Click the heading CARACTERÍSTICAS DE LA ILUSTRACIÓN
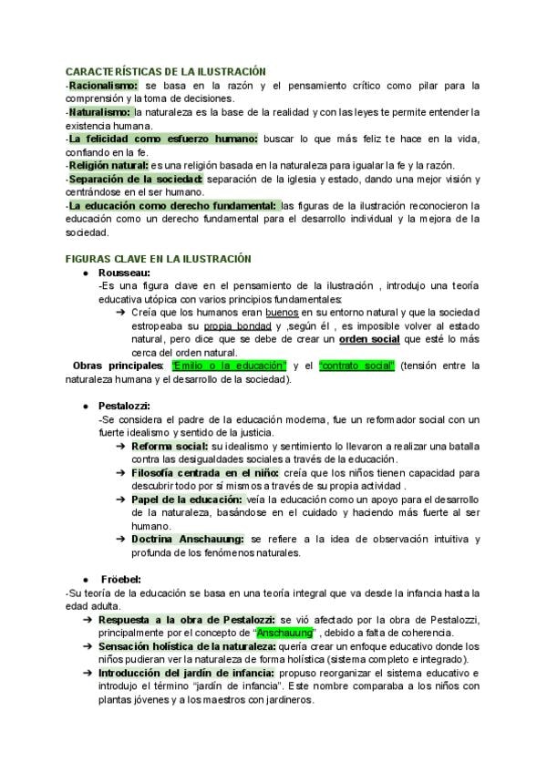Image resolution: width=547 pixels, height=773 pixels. [x=165, y=70]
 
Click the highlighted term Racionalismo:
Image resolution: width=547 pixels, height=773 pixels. [x=101, y=86]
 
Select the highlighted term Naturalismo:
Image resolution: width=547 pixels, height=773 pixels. [x=99, y=112]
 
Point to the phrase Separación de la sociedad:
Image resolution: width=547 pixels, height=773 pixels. [x=136, y=180]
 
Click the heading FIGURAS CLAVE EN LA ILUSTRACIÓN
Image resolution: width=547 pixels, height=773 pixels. [x=159, y=260]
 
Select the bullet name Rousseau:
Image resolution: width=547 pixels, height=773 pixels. [x=125, y=273]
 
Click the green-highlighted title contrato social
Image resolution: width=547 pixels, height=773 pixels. [x=356, y=366]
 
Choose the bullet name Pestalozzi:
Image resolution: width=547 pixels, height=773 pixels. [x=128, y=406]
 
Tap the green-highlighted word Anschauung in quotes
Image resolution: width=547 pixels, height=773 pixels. [x=286, y=633]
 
